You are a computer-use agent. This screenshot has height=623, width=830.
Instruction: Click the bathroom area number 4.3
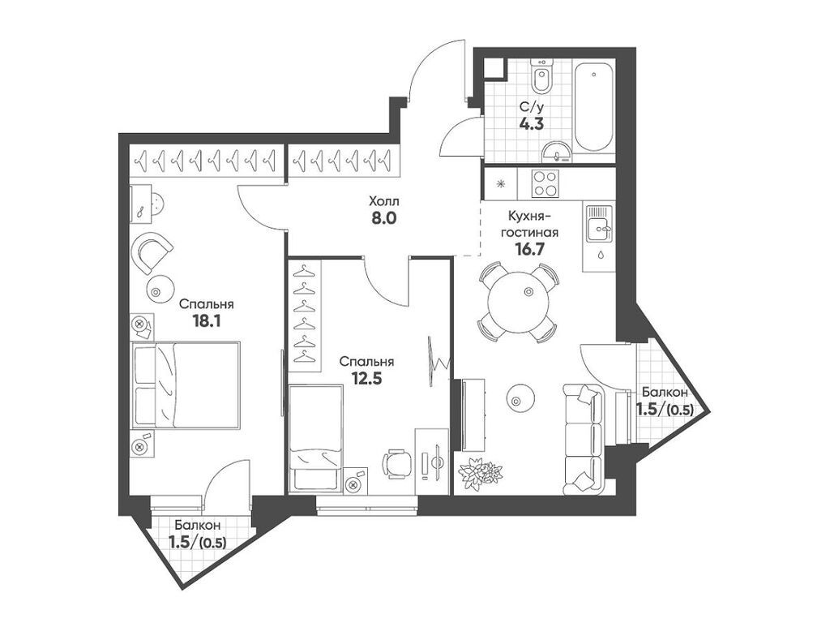tap(532, 125)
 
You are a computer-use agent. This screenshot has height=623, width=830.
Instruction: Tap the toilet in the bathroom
tap(542, 80)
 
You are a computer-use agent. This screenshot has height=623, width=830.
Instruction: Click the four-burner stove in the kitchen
tap(545, 184)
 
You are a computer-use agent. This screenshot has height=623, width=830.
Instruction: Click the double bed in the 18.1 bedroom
tap(186, 385)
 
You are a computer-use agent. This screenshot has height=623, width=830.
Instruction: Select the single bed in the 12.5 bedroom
tap(315, 438)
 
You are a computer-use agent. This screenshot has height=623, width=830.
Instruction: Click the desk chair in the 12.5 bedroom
tap(396, 465)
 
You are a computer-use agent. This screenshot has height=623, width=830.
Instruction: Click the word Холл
tap(383, 200)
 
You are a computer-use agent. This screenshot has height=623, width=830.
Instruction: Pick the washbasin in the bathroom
tap(555, 150)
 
